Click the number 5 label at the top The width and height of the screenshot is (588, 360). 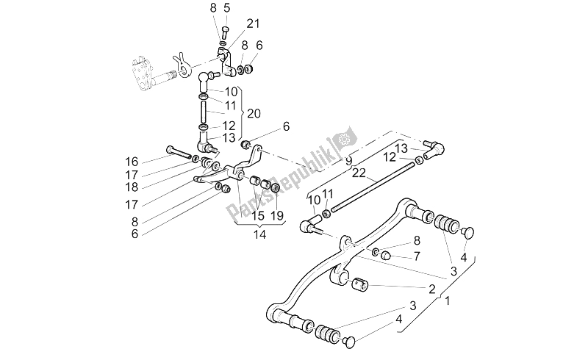tap(227, 8)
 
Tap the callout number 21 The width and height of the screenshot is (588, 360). tap(253, 24)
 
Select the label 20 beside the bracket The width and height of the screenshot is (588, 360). tap(254, 114)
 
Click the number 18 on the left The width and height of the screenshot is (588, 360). tap(132, 187)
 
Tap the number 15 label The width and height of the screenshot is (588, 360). tap(258, 216)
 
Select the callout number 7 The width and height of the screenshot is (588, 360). tap(416, 256)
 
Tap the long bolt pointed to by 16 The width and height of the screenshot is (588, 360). tap(181, 151)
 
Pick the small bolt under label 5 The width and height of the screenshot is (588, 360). tap(226, 30)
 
